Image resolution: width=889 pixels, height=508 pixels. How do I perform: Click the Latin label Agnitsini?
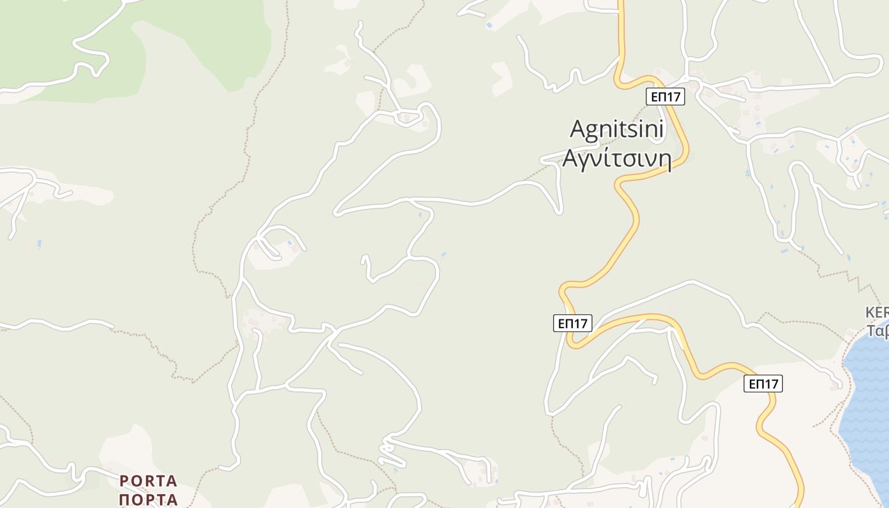pyautogui.click(x=617, y=130)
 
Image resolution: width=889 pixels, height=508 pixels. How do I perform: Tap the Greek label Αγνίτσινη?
pyautogui.click(x=617, y=158)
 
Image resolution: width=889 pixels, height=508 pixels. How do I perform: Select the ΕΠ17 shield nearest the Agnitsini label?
pyautogui.click(x=665, y=97)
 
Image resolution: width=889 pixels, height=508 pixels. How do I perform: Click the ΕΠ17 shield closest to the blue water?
pyautogui.click(x=763, y=384)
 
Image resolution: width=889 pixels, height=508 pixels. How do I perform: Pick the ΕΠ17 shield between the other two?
pyautogui.click(x=572, y=323)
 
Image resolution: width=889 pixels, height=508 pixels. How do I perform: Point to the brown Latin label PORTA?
pyautogui.click(x=148, y=481)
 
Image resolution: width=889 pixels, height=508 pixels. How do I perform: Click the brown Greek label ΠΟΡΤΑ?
pyautogui.click(x=148, y=499)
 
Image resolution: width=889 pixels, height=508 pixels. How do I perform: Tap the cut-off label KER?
pyautogui.click(x=877, y=313)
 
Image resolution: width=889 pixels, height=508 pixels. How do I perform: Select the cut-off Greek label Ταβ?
pyautogui.click(x=878, y=331)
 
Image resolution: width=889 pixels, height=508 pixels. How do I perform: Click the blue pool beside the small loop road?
pyautogui.click(x=290, y=243)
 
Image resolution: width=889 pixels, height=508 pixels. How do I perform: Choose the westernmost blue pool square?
pyautogui.click(x=39, y=243)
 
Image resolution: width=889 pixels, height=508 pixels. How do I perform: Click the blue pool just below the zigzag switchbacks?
pyautogui.click(x=396, y=470)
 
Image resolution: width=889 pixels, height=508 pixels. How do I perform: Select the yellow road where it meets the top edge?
pyautogui.click(x=622, y=2)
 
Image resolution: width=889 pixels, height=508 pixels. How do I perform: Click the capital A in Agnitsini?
pyautogui.click(x=577, y=130)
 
